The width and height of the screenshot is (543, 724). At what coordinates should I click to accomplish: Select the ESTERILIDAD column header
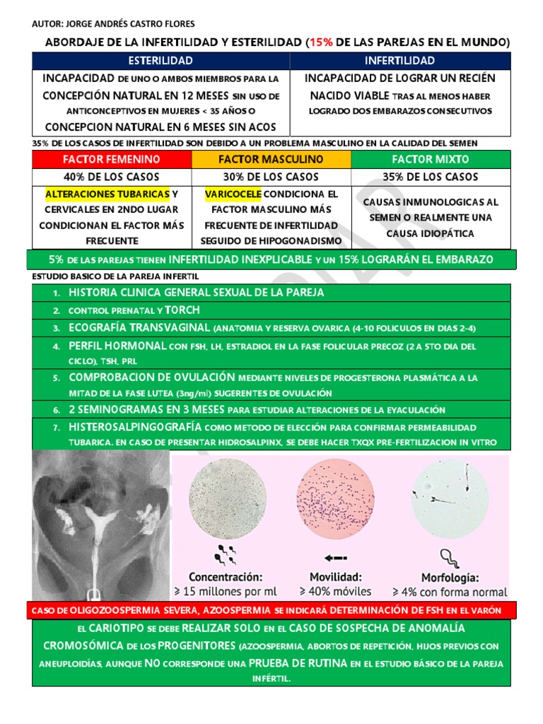160,61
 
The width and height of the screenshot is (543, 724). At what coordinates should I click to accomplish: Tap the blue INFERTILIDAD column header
400,61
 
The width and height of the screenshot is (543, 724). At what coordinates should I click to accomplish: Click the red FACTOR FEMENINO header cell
112,160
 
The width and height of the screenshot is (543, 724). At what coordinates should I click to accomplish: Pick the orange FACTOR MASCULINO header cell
271,160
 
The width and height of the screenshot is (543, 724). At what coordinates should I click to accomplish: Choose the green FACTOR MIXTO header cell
430,160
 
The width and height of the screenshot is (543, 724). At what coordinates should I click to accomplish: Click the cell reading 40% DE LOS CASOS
112,177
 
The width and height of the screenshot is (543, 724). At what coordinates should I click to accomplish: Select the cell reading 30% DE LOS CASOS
271,177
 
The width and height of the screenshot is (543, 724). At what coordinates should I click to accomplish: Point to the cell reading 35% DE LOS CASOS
430,177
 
